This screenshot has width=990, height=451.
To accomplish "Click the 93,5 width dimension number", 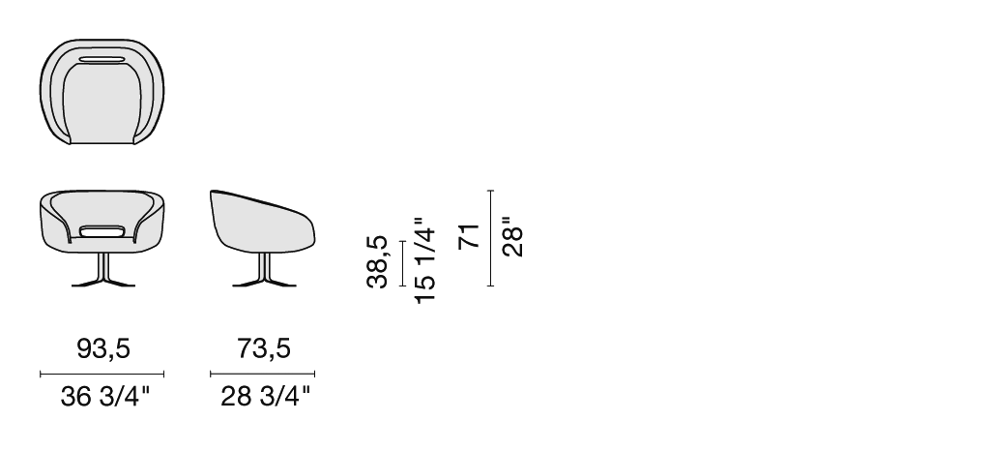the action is (x=102, y=348).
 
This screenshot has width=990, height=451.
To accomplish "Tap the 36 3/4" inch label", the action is (x=105, y=397).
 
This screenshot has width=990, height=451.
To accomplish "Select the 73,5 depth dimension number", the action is (x=264, y=348).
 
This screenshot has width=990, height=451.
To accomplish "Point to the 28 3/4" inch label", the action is (x=266, y=397).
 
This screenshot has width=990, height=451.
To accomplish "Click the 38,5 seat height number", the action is (x=377, y=261).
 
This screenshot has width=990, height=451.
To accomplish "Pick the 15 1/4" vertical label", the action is (x=425, y=260).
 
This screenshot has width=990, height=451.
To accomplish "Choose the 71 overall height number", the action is (x=469, y=237).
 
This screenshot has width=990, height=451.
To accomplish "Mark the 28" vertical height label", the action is (x=512, y=237).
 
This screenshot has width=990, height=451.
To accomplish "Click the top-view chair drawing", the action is (x=102, y=92).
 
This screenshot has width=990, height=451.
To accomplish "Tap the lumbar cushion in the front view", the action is (x=102, y=230).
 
